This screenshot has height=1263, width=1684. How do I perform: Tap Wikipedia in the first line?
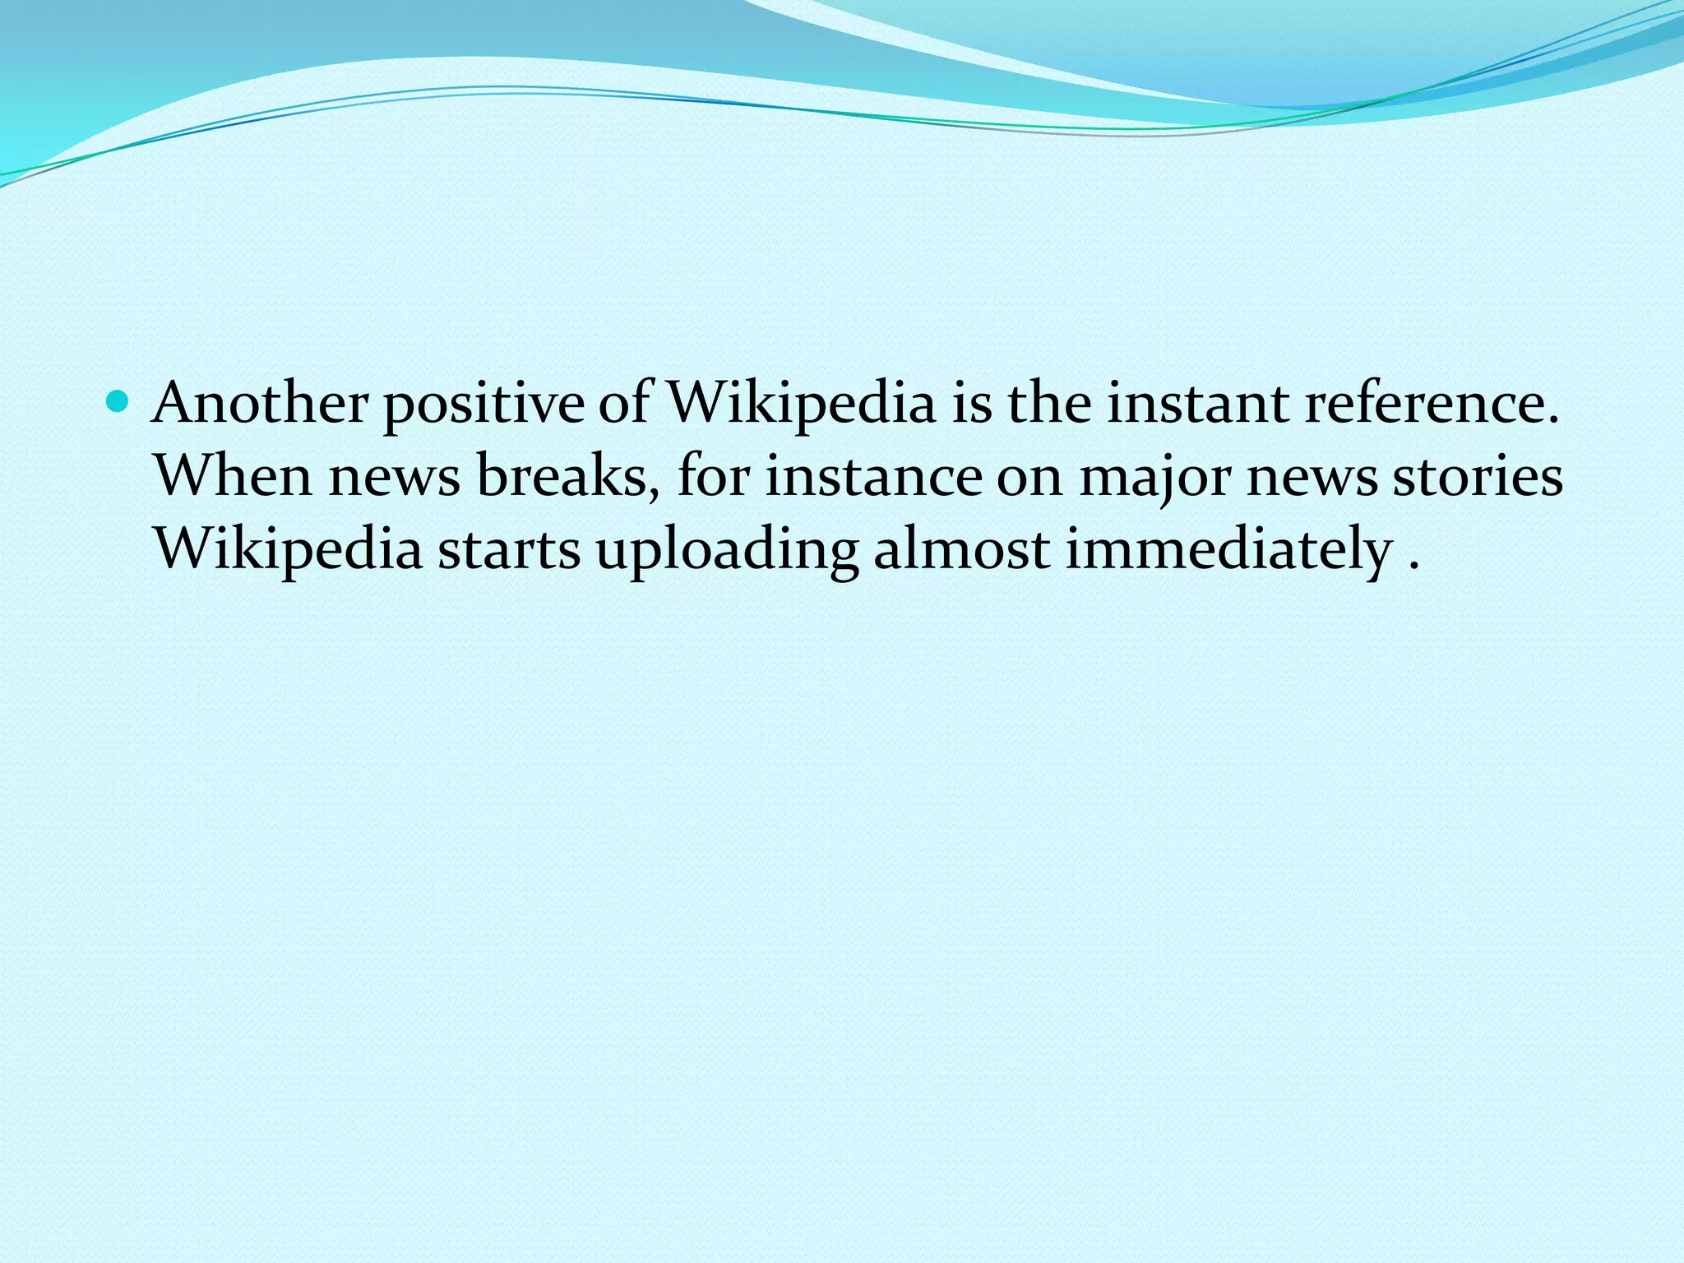(800, 405)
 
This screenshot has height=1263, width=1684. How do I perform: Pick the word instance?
(873, 477)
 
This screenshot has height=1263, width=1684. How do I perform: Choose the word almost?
(961, 549)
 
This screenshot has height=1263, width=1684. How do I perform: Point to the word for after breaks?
(714, 477)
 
